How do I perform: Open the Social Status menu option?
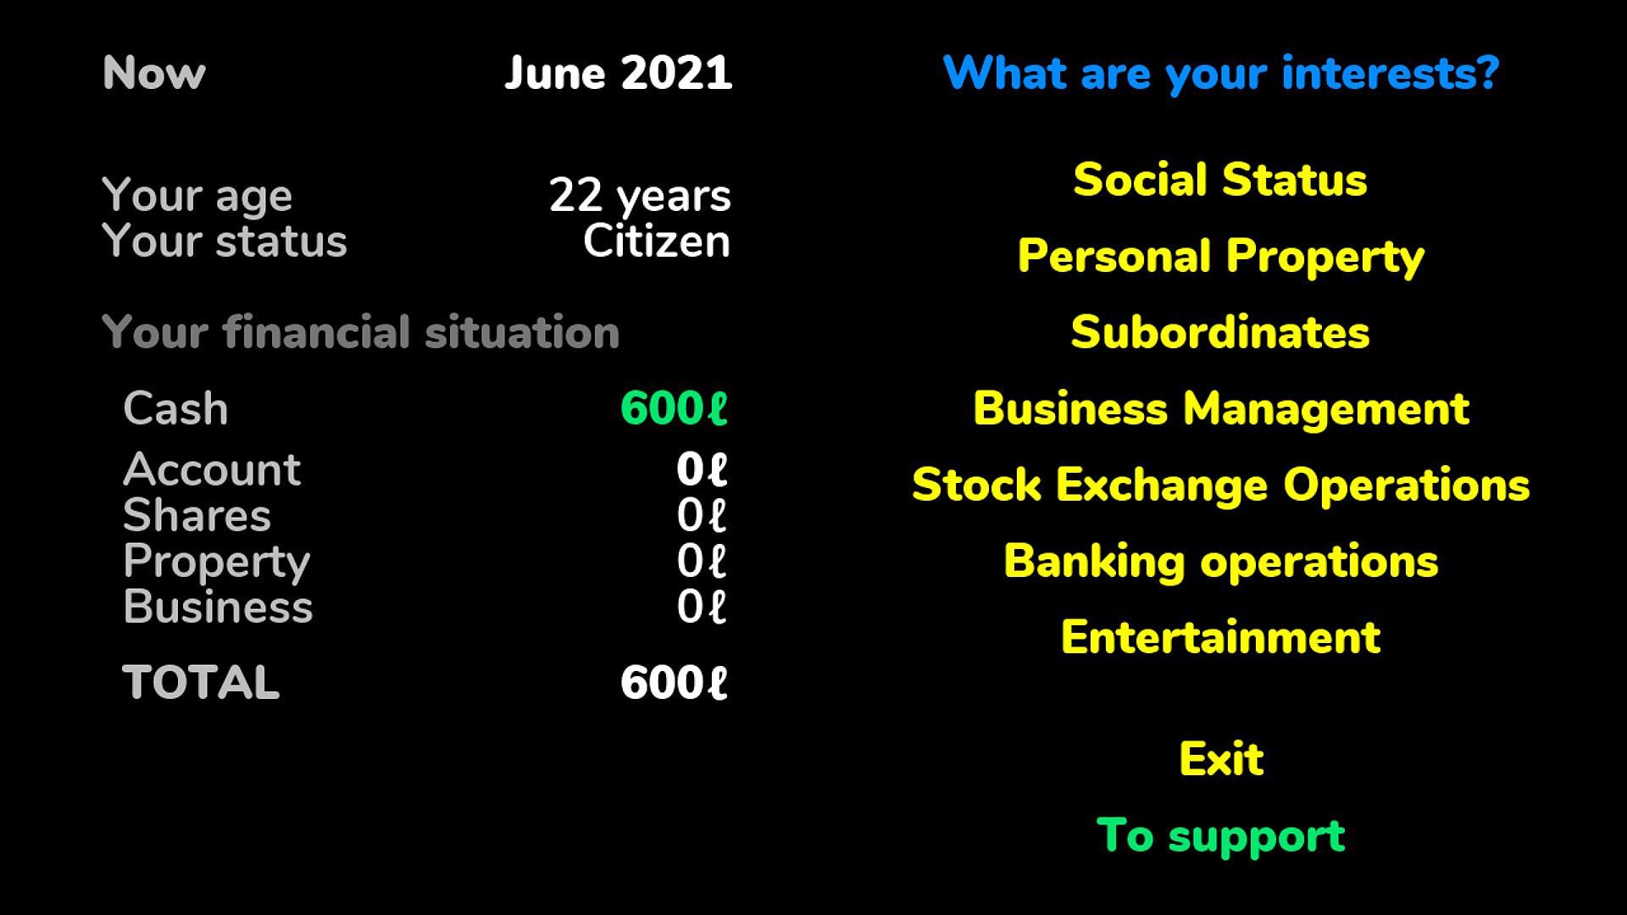point(1220,180)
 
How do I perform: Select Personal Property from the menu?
point(1220,257)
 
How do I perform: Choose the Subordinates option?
point(1220,332)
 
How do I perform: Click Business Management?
point(1220,409)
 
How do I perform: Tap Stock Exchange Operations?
point(1220,485)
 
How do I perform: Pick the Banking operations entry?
point(1220,562)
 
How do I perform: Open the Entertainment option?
point(1220,637)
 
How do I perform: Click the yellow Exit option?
point(1221,759)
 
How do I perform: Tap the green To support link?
point(1220,836)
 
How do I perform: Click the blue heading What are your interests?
point(1221,74)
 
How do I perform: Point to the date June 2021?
point(619,74)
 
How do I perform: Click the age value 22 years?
point(640,196)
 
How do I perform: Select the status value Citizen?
point(657,241)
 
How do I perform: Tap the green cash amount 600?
point(674,408)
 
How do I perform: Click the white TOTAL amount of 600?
point(674,683)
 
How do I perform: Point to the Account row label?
point(212,469)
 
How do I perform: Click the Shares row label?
point(197,515)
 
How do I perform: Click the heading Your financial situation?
point(361,332)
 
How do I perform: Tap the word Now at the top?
point(154,74)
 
